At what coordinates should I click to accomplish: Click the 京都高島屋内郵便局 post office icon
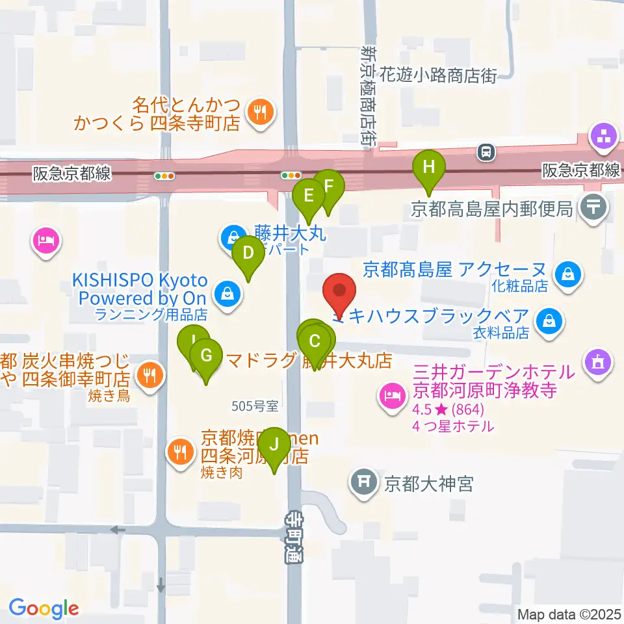594,208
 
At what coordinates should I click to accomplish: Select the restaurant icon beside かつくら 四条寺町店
259,112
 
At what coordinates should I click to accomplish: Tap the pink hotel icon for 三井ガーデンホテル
392,394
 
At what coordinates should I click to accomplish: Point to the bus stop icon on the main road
485,153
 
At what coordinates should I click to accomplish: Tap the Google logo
44,608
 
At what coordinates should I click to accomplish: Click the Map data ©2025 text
569,614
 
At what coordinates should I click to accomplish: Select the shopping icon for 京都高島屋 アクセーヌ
569,273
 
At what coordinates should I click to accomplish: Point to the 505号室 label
255,406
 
